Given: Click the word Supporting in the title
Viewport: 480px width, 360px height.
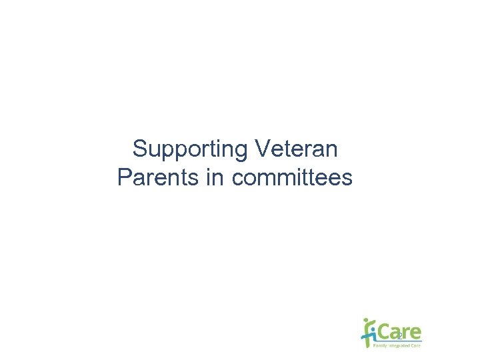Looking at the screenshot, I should (191, 149).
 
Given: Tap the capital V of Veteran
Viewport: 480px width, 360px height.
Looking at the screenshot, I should (262, 149).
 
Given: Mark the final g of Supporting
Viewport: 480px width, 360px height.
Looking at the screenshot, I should (243, 151).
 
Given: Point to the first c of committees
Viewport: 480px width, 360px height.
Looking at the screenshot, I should (237, 179).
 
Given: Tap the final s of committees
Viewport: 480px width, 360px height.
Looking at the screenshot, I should (347, 179).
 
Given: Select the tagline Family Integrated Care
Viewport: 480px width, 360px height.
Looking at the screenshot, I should (397, 345).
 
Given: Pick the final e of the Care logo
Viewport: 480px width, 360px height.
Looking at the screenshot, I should (415, 333).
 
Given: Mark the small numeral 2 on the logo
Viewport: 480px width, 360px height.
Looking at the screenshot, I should (400, 337).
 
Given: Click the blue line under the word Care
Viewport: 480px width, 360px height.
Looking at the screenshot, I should (400, 341).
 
